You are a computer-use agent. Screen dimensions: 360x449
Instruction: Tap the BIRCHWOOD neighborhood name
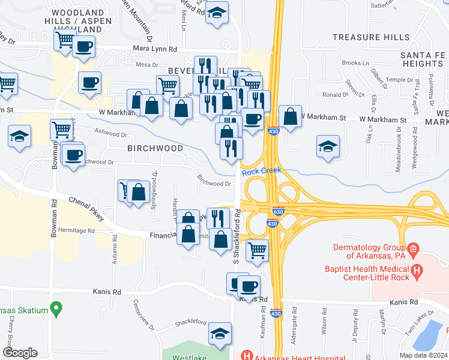tap(155, 148)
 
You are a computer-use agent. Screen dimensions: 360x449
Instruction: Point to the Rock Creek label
tap(261, 172)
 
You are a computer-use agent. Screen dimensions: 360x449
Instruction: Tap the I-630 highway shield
tap(277, 212)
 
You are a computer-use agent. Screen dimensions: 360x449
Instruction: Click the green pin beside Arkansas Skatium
tap(56, 309)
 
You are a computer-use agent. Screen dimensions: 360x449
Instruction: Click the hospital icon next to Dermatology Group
tap(412, 249)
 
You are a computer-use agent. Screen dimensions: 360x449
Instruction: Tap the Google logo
tap(20, 353)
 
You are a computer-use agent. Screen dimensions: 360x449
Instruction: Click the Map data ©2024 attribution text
tap(423, 355)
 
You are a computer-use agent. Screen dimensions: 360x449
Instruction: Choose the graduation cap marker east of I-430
tap(328, 146)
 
